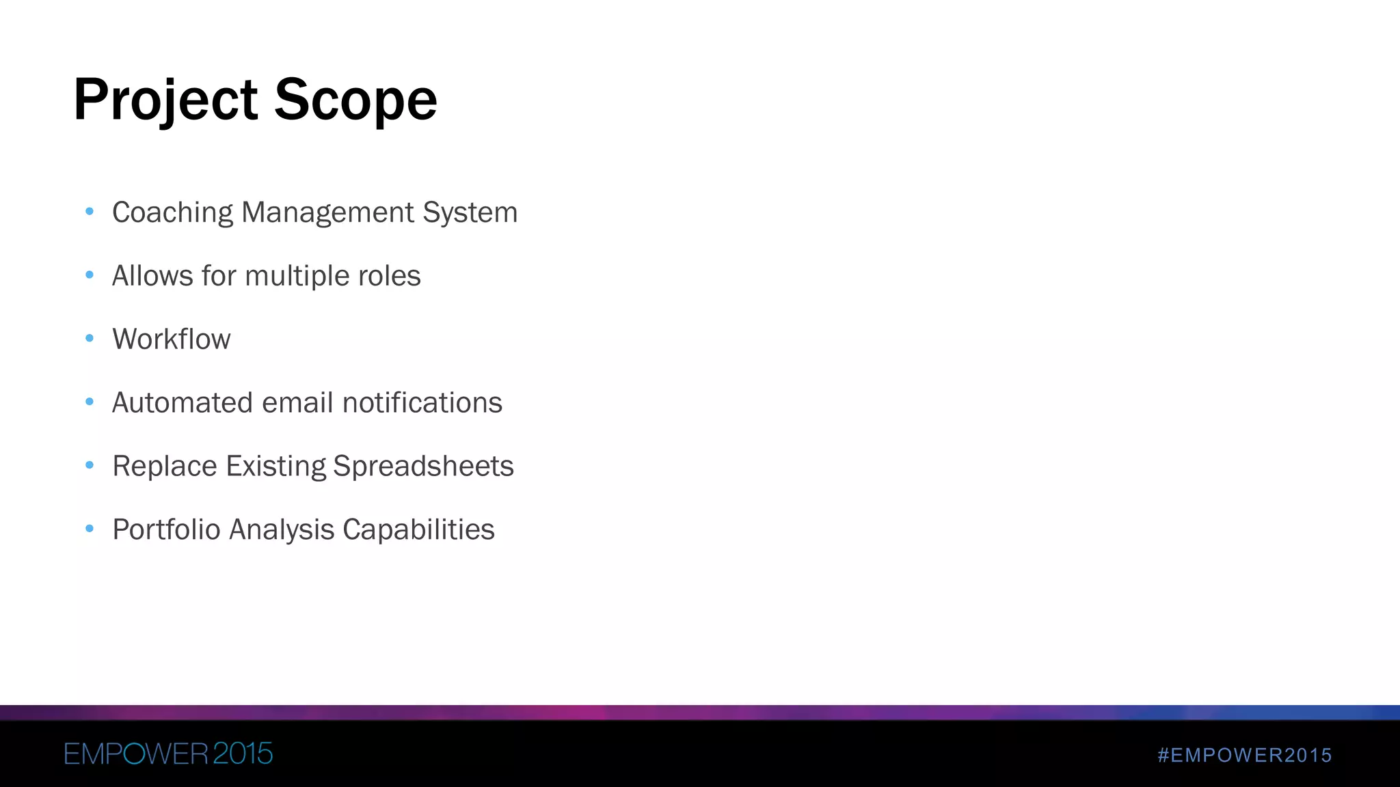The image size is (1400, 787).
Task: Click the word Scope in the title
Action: pyautogui.click(x=355, y=100)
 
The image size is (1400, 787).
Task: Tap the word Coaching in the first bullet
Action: pyautogui.click(x=172, y=212)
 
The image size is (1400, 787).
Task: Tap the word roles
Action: pyautogui.click(x=390, y=276)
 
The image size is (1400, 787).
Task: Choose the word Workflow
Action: pyautogui.click(x=171, y=340)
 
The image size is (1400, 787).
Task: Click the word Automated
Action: pyautogui.click(x=183, y=403)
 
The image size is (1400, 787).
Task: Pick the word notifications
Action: pyautogui.click(x=422, y=403)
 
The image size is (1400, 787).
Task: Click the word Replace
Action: pyautogui.click(x=165, y=467)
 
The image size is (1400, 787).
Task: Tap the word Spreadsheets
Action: pyautogui.click(x=423, y=467)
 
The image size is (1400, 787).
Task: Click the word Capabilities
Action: pyautogui.click(x=418, y=530)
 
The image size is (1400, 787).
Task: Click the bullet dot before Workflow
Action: pyautogui.click(x=90, y=338)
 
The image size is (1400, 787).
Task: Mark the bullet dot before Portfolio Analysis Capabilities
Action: pyautogui.click(x=90, y=528)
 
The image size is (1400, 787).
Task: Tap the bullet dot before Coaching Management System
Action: pyautogui.click(x=90, y=211)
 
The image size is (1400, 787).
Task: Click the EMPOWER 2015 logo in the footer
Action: pyautogui.click(x=168, y=754)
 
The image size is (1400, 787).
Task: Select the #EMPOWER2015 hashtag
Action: pyautogui.click(x=1245, y=755)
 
